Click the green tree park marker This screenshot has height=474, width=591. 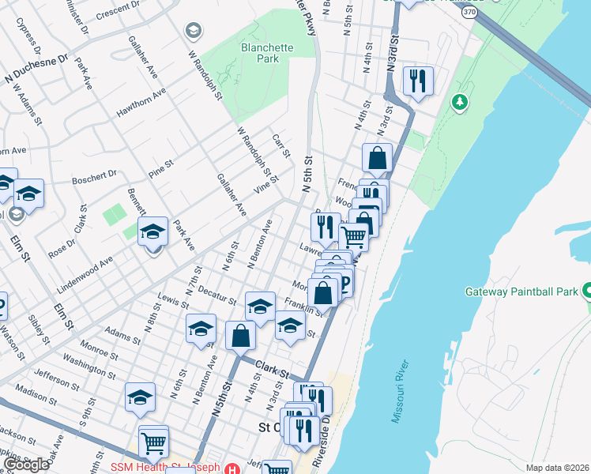[459, 103]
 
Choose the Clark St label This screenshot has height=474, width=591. [273, 367]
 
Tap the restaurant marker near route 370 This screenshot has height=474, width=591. [416, 81]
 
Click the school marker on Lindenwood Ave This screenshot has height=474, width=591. [152, 232]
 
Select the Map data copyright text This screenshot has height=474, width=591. [557, 468]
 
